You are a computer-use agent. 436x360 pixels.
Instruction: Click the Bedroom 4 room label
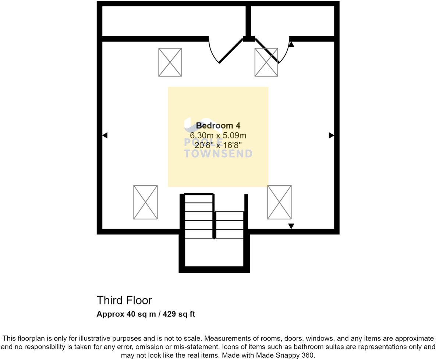click(218, 126)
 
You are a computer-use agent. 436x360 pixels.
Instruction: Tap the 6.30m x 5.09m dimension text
click(218, 135)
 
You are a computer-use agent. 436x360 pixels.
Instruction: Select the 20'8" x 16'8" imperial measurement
click(218, 145)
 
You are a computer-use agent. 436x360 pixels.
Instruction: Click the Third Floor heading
click(124, 300)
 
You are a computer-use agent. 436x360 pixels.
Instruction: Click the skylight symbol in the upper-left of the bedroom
click(170, 62)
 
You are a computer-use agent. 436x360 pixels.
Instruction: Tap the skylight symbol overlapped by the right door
click(266, 63)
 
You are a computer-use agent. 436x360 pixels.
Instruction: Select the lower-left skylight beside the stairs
click(145, 202)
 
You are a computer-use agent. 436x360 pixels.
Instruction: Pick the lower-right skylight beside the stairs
click(279, 202)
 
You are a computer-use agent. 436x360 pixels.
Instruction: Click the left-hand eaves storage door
click(230, 51)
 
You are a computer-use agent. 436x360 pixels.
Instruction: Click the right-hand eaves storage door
click(267, 51)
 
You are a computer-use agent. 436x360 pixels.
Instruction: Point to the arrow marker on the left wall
click(105, 135)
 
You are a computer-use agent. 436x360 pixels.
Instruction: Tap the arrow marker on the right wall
click(331, 135)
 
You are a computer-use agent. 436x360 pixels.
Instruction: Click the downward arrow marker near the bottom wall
click(291, 226)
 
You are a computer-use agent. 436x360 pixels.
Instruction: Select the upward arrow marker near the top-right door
click(291, 45)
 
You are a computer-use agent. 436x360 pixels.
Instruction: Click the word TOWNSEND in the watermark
click(218, 154)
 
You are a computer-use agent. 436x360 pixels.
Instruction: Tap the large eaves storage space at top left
click(173, 21)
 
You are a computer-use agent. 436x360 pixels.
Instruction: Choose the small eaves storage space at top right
click(293, 21)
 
